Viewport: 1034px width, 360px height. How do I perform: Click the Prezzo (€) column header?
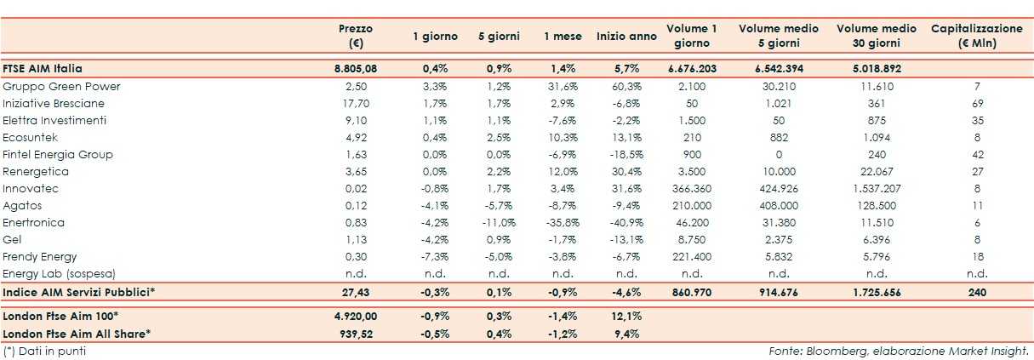point(356,36)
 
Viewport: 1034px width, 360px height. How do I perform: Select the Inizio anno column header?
point(626,37)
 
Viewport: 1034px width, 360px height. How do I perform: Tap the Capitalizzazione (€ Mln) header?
point(976,36)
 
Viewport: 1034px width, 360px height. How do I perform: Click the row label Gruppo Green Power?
point(61,86)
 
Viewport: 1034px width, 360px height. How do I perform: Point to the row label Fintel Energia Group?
point(58,154)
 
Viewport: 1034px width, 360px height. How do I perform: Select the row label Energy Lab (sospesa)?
point(58,273)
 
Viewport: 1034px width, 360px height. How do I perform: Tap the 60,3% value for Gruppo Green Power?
point(626,86)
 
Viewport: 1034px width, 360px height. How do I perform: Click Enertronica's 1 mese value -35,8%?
point(563,222)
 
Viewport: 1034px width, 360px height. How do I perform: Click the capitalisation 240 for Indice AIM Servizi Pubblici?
point(976,292)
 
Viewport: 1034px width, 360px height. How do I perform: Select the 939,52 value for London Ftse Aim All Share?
point(356,333)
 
